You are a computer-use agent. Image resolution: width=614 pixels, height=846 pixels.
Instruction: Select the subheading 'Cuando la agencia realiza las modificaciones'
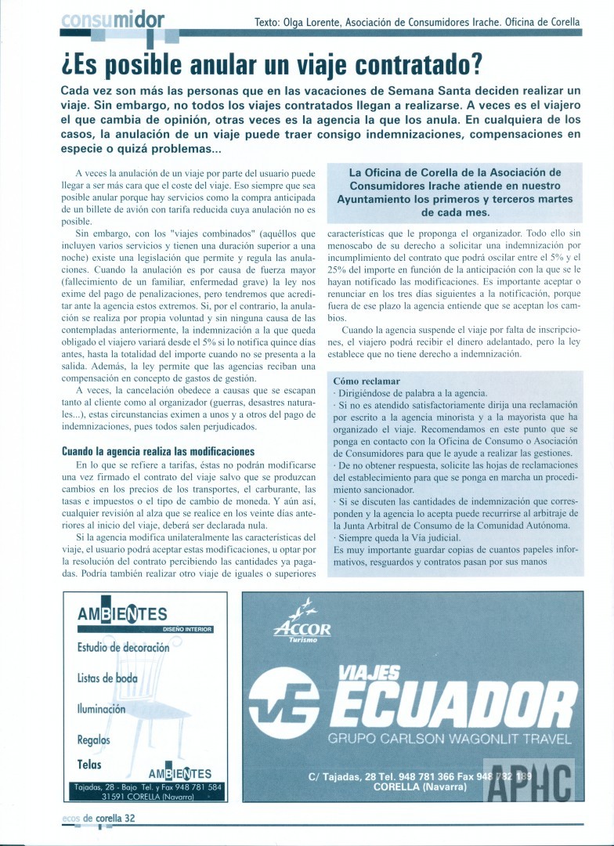point(158,451)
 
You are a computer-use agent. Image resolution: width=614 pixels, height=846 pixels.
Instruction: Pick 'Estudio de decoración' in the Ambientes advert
point(123,648)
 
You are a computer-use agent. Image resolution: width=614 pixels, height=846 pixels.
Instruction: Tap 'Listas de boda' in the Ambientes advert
point(107,678)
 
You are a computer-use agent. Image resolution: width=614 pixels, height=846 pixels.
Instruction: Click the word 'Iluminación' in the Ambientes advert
point(101,709)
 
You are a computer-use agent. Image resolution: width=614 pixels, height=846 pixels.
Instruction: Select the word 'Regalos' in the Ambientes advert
point(93,739)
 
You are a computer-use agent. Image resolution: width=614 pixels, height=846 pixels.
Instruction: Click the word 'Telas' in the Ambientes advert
point(89,764)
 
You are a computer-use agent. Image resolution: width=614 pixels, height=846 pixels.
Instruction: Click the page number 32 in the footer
point(130,818)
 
